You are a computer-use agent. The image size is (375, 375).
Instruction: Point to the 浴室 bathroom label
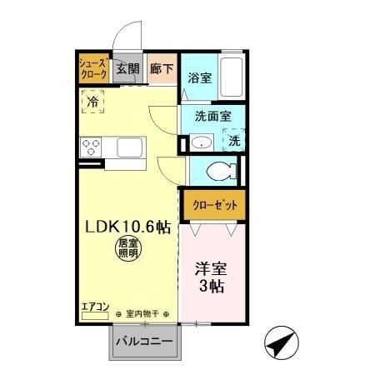click(199, 80)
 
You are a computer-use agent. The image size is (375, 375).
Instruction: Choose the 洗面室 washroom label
click(212, 117)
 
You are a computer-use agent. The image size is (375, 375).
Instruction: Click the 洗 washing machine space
click(235, 141)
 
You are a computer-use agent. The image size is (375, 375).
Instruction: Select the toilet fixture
click(222, 172)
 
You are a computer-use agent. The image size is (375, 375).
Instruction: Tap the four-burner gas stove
click(91, 148)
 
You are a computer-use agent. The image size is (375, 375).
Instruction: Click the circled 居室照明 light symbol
click(125, 247)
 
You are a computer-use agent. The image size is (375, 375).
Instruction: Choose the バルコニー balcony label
click(143, 342)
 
